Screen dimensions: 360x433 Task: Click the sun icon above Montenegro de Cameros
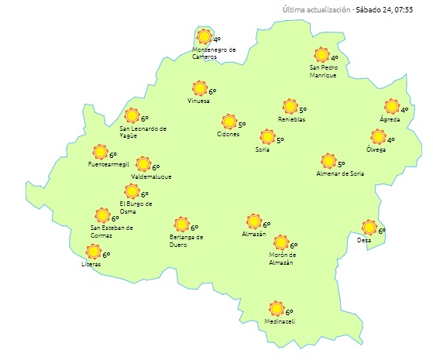[x=204, y=37]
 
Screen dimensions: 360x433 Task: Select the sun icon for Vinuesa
[x=199, y=89]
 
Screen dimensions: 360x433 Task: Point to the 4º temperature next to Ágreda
[x=404, y=110]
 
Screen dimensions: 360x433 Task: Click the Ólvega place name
[x=376, y=149]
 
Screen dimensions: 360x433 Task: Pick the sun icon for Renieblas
[x=290, y=107]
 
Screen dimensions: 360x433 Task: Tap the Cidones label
[x=229, y=135]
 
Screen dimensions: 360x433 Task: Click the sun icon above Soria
[x=267, y=137]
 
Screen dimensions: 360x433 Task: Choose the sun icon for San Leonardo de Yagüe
[x=132, y=116]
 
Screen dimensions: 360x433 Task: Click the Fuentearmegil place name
[x=107, y=164]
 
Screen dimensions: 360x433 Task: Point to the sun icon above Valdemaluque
[x=143, y=164]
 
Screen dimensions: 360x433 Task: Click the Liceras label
[x=91, y=266]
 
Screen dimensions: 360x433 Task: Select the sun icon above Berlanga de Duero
[x=181, y=225]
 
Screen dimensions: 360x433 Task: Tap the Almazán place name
[x=253, y=234]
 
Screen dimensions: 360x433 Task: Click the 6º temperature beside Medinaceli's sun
[x=290, y=313]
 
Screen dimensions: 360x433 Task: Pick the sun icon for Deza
[x=369, y=228]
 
